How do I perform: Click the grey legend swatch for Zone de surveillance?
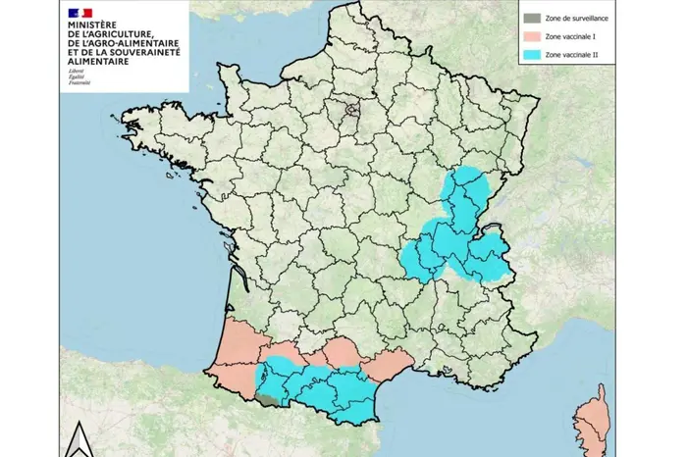point(530,17)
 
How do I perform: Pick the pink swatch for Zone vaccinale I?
point(530,36)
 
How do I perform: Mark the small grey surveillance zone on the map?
point(267,397)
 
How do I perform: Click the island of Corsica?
point(593,422)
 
